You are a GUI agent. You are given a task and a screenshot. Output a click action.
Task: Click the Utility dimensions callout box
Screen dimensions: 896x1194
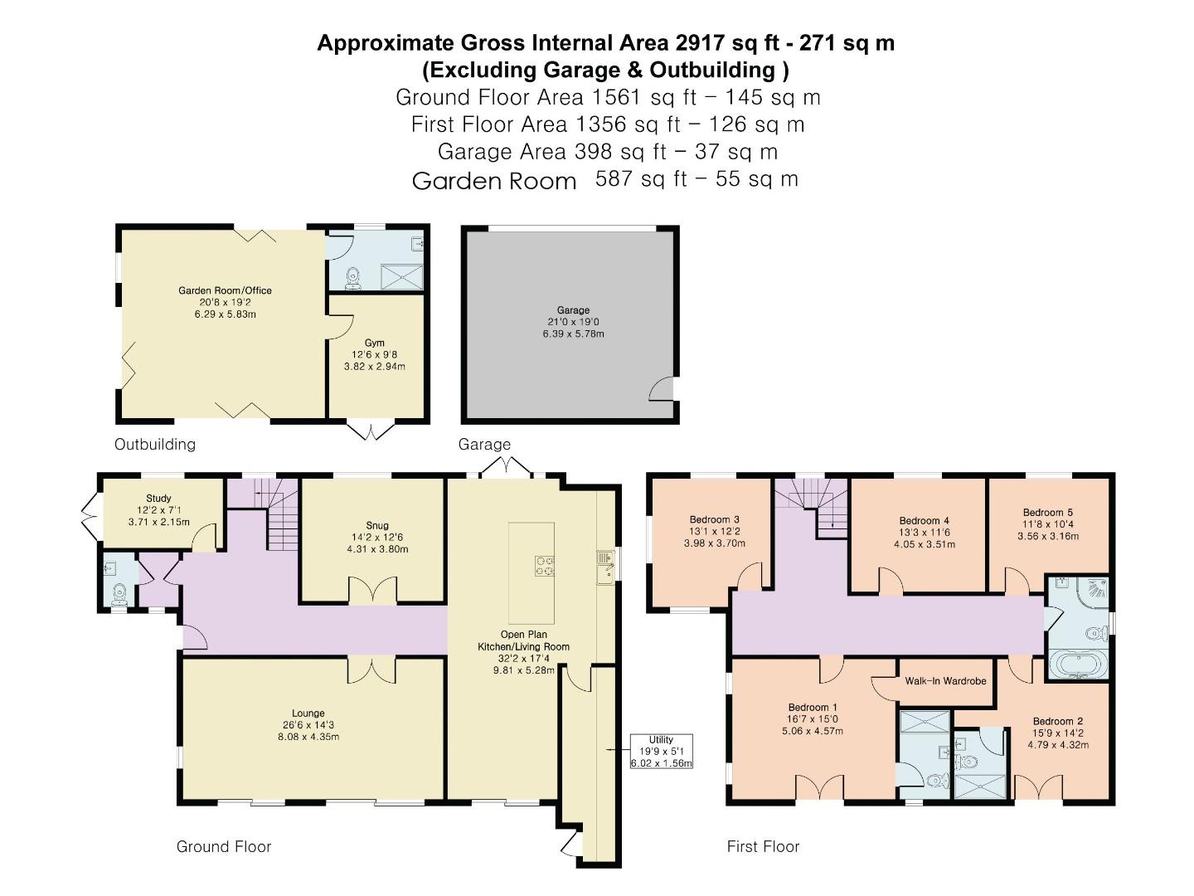coord(661,752)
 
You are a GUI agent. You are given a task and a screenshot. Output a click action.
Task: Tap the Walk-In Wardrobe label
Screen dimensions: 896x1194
coord(945,681)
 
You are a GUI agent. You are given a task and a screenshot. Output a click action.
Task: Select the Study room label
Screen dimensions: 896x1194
coord(158,499)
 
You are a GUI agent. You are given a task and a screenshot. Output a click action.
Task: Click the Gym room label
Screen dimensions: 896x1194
coord(375,343)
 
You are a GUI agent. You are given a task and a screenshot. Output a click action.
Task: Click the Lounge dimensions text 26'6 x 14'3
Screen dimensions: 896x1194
coord(308,725)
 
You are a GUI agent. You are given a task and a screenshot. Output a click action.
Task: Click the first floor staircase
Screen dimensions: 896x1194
coord(813,504)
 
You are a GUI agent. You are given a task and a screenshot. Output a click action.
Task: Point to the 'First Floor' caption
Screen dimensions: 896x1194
coord(763,846)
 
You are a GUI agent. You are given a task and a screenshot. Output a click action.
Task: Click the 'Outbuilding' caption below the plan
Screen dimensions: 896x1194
coord(155,444)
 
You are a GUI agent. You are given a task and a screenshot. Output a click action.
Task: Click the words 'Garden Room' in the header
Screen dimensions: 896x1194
coord(494,181)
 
